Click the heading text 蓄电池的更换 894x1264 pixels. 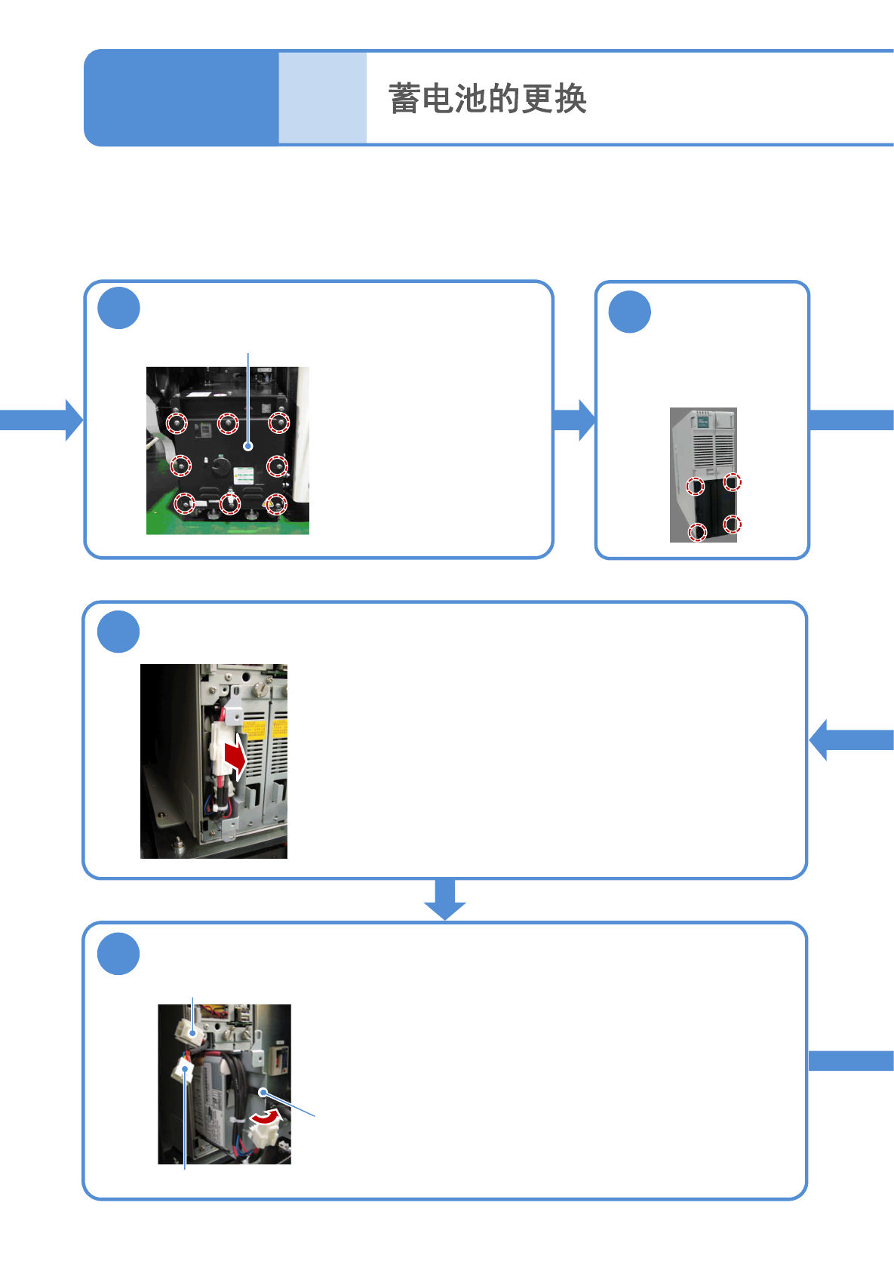pos(487,99)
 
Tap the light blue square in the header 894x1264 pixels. pos(322,97)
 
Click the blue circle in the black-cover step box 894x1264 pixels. pos(119,308)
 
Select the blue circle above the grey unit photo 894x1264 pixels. pos(629,312)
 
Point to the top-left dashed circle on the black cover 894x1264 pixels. pos(177,423)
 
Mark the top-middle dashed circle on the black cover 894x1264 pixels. pos(228,423)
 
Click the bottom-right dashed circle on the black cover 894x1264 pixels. pos(276,503)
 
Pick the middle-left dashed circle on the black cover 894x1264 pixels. pos(180,465)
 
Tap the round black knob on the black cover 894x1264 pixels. pos(220,465)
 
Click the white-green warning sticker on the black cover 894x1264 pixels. pos(243,475)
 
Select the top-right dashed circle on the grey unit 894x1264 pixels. pos(732,481)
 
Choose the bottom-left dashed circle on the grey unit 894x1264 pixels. pos(698,533)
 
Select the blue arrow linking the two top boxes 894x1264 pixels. pos(574,420)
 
